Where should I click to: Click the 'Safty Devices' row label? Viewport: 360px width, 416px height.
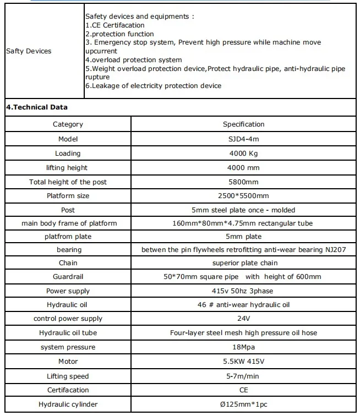(x=28, y=51)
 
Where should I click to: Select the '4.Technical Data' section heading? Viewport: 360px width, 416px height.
(x=37, y=107)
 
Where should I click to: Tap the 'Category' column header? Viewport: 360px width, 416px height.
(x=68, y=124)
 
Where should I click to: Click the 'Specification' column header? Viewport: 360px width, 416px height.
(x=243, y=124)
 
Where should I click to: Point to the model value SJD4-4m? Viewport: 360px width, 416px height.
(x=243, y=139)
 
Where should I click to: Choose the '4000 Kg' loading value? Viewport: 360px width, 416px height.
(x=243, y=154)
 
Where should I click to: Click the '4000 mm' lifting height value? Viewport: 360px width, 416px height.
(x=243, y=168)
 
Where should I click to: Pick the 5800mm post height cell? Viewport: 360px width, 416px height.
(x=243, y=182)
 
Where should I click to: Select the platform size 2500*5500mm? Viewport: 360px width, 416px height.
(x=243, y=196)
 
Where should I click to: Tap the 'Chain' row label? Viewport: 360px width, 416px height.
(x=68, y=263)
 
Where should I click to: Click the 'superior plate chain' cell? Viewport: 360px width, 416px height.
(x=243, y=263)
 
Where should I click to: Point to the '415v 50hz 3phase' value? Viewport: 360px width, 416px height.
(x=243, y=291)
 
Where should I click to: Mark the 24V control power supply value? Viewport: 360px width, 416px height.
(x=243, y=319)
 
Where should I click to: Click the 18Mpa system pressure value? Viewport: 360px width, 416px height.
(x=243, y=347)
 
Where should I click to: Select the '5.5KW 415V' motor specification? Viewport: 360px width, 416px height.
(x=243, y=362)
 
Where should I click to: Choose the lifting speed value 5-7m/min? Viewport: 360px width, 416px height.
(x=243, y=376)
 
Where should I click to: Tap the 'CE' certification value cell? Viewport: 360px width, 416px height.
(x=243, y=390)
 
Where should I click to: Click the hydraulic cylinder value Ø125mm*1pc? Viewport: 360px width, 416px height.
(x=243, y=404)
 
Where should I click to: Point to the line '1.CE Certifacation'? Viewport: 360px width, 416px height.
(x=114, y=25)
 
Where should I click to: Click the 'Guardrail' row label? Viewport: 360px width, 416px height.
(x=68, y=277)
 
